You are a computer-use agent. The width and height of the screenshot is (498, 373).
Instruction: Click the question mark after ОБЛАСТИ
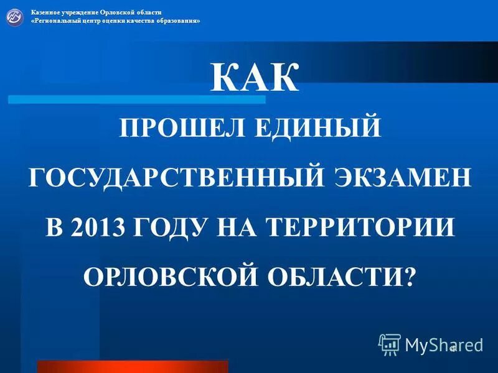[x=408, y=274]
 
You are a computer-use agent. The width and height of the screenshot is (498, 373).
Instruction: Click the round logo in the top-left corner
[x=15, y=17]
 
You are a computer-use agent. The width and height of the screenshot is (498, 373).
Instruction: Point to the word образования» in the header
[x=179, y=21]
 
